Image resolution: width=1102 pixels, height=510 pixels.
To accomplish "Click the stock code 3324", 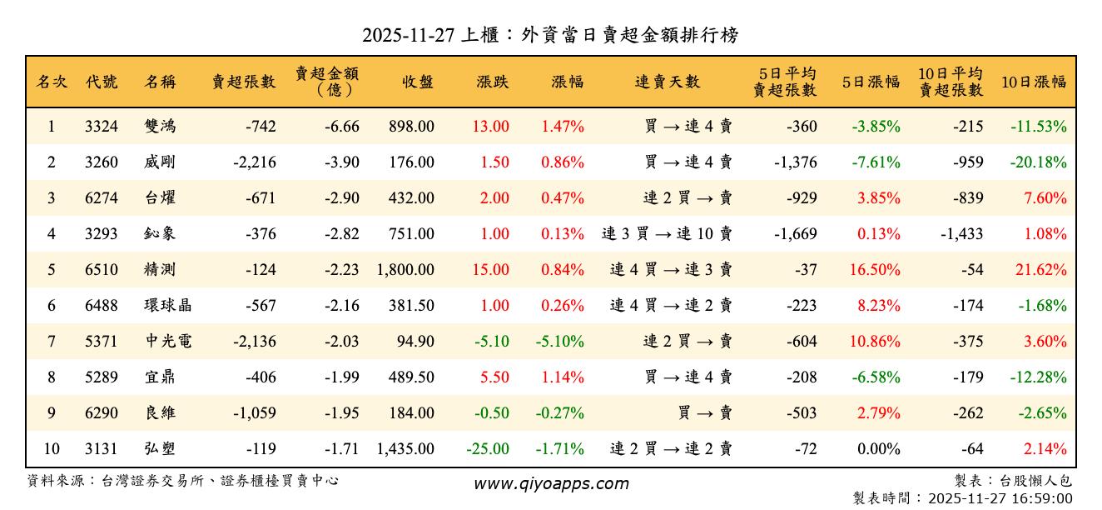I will (102, 127).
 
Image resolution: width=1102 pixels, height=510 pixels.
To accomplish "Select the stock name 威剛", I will (160, 162).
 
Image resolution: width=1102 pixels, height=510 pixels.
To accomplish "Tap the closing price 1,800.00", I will (405, 270).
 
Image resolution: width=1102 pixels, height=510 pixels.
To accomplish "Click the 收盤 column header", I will (418, 82).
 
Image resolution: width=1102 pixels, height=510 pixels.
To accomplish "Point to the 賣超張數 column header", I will (243, 82).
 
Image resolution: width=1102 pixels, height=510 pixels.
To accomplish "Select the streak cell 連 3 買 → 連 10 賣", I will (667, 234).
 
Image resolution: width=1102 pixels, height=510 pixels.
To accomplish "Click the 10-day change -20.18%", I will (1038, 162).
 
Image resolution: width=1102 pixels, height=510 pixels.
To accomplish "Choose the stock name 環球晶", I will (167, 306).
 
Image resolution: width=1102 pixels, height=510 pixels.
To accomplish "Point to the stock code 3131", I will (102, 449).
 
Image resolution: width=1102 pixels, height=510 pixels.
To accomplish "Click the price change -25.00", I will (488, 449).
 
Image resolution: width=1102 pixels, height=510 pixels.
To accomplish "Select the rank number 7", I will (52, 342).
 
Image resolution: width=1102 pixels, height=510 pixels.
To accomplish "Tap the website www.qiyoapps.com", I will (551, 483).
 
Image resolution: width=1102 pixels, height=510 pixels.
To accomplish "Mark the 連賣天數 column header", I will (668, 82).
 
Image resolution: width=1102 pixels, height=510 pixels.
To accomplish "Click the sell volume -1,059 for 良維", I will (255, 413).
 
